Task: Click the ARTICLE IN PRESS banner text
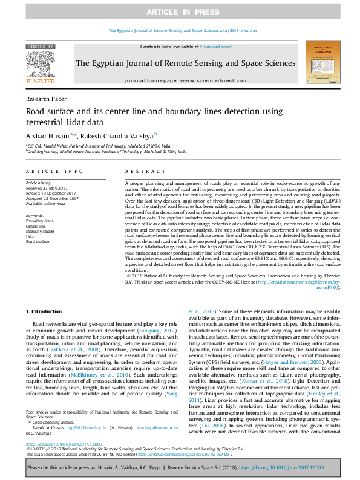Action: point(180,11)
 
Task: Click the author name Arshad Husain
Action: point(47,136)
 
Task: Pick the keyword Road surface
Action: point(38,241)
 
